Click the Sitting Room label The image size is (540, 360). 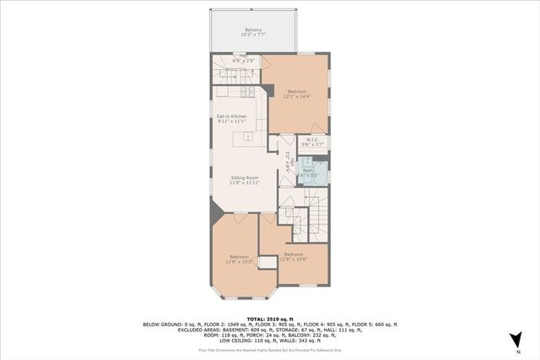pyautogui.click(x=245, y=177)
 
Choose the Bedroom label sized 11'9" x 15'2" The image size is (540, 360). pyautogui.click(x=237, y=256)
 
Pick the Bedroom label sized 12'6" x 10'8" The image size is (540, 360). pyautogui.click(x=293, y=255)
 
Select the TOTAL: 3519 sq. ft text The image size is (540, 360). pyautogui.click(x=269, y=317)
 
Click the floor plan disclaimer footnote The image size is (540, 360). pyautogui.click(x=269, y=348)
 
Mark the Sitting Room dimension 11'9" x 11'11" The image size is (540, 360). pyautogui.click(x=245, y=183)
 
